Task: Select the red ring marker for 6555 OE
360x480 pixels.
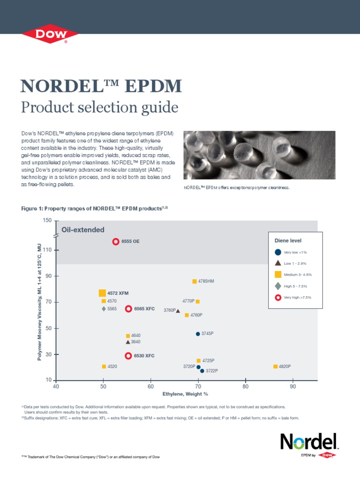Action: pyautogui.click(x=116, y=241)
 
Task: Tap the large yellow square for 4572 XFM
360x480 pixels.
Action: pyautogui.click(x=102, y=293)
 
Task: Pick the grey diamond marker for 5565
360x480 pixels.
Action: pyautogui.click(x=104, y=308)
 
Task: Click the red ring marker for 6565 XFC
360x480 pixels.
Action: pyautogui.click(x=128, y=308)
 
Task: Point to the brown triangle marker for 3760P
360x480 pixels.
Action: pyautogui.click(x=178, y=311)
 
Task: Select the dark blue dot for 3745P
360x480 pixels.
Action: pyautogui.click(x=198, y=334)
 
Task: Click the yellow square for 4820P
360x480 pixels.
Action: pyautogui.click(x=275, y=366)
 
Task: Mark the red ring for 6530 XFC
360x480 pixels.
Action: pyautogui.click(x=128, y=356)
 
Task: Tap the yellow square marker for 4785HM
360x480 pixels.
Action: pyautogui.click(x=195, y=281)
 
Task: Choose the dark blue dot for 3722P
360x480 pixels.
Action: pyautogui.click(x=202, y=371)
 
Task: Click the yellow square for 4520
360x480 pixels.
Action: pyautogui.click(x=104, y=366)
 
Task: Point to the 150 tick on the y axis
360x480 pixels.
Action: pyautogui.click(x=47, y=220)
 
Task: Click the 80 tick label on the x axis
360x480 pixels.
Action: pyautogui.click(x=245, y=387)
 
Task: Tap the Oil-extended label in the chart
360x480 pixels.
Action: pyautogui.click(x=83, y=230)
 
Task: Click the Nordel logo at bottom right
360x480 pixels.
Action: pyautogui.click(x=308, y=442)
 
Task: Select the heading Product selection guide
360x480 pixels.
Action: pyautogui.click(x=99, y=107)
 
